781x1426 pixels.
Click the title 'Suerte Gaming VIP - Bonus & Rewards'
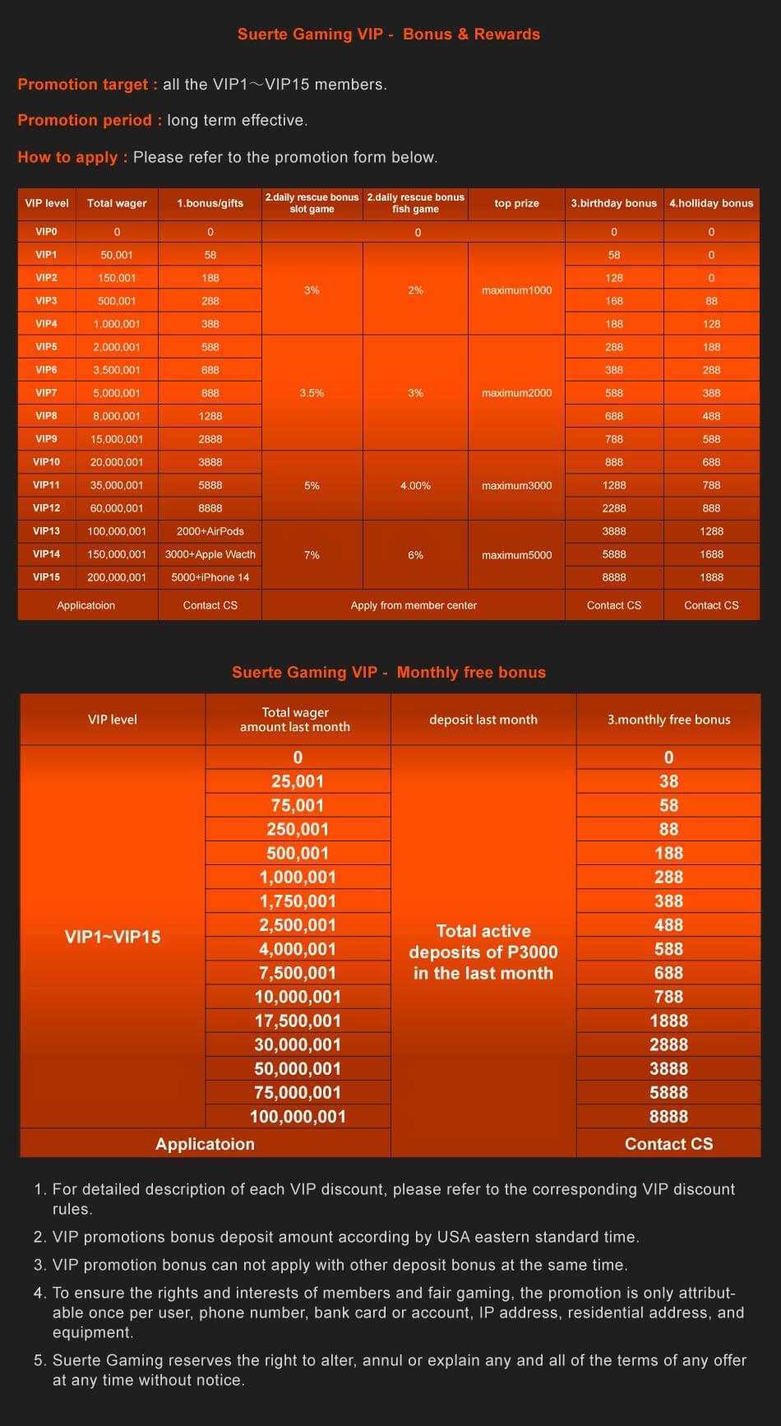click(x=389, y=35)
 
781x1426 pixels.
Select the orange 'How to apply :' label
click(x=72, y=157)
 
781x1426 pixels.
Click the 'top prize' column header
click(x=516, y=203)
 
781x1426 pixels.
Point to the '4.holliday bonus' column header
click(x=711, y=203)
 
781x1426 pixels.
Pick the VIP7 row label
click(x=46, y=393)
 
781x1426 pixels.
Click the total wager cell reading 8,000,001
click(x=117, y=416)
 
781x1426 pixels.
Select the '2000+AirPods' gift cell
click(x=210, y=531)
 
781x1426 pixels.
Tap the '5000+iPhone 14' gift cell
click(x=210, y=577)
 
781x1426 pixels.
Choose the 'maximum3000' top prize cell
click(x=516, y=485)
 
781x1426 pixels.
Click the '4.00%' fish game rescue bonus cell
click(x=415, y=485)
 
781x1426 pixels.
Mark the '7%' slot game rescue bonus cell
click(x=312, y=555)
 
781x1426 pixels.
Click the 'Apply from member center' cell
click(x=414, y=605)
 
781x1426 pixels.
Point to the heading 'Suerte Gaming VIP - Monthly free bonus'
click(x=389, y=673)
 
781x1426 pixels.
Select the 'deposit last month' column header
click(x=483, y=720)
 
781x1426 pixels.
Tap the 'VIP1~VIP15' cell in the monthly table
click(x=113, y=937)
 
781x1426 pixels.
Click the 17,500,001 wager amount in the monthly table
click(x=298, y=1021)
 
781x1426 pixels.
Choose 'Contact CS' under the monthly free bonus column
click(x=668, y=1144)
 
